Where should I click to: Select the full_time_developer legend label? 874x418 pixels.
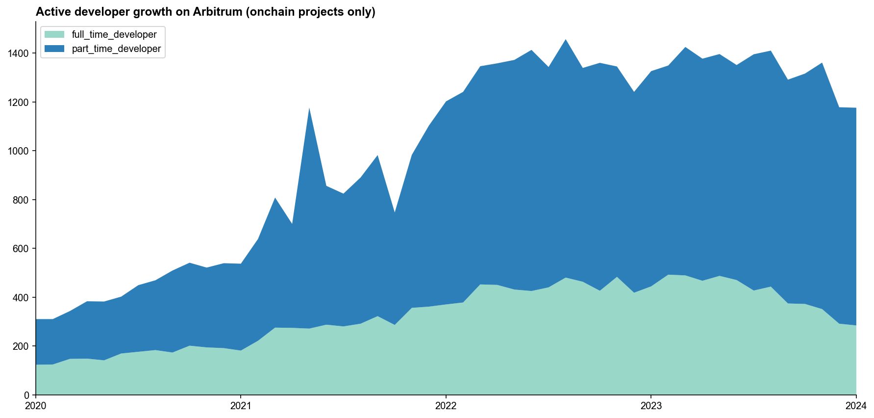[114, 35]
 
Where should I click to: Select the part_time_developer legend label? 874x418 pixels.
[116, 49]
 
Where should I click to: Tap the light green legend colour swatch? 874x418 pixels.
[54, 35]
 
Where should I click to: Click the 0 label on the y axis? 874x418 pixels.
[26, 395]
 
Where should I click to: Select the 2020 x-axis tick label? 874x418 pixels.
[36, 406]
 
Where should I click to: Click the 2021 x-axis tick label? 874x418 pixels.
[241, 406]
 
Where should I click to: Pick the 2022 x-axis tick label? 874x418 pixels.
[446, 406]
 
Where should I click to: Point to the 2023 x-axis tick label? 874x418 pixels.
[650, 406]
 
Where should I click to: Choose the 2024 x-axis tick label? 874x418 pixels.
[856, 406]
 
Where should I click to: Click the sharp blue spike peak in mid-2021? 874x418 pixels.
[309, 109]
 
